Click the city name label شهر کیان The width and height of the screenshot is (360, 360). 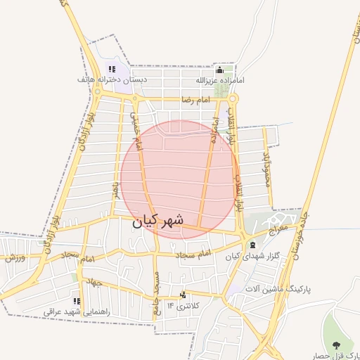tap(157, 220)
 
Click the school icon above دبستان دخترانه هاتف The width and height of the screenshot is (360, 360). tap(111, 69)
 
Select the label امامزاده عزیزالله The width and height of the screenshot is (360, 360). tap(220, 81)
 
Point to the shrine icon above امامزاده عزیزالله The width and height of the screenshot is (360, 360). tap(219, 70)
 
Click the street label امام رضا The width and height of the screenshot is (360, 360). tap(195, 101)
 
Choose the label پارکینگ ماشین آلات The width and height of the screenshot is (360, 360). tap(284, 289)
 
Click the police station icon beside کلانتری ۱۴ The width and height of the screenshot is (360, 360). tap(184, 295)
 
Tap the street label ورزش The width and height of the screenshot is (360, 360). tap(15, 257)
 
